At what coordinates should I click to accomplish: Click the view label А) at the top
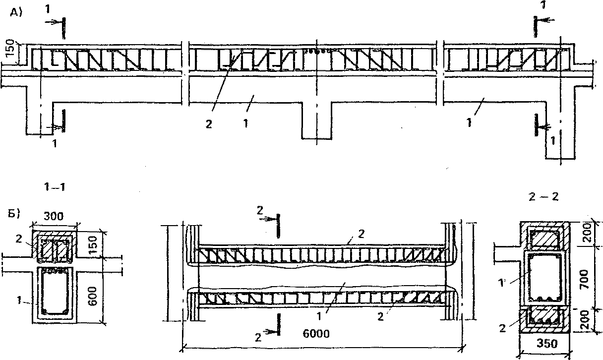(x=17, y=14)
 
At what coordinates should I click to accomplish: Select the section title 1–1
(x=55, y=187)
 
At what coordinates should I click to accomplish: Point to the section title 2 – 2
(x=544, y=197)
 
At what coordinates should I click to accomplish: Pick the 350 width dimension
(x=544, y=342)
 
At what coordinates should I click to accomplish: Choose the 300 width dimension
(x=54, y=217)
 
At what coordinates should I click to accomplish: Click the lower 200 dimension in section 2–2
(x=586, y=322)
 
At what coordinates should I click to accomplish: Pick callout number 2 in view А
(x=208, y=124)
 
